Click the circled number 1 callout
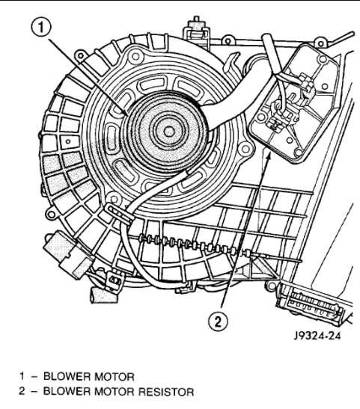point(41,27)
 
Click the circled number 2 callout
point(218,321)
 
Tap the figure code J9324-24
point(317,336)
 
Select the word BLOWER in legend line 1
point(67,377)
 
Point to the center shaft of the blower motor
point(169,132)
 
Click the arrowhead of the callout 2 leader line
point(269,156)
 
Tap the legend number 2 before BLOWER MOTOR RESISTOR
point(22,392)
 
